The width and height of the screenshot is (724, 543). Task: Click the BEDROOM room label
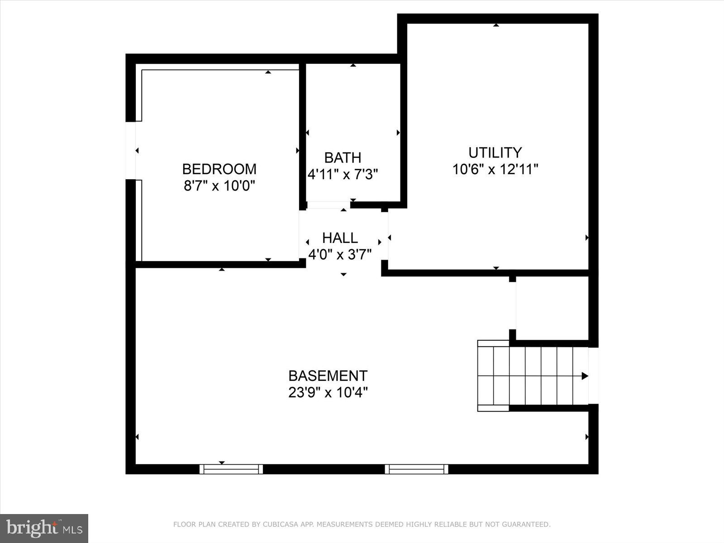[219, 169]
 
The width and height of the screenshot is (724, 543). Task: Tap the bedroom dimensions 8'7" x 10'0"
[219, 186]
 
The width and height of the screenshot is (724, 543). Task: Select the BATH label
[343, 158]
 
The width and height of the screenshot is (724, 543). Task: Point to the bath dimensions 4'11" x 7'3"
[343, 174]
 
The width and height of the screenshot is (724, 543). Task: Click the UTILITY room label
[495, 152]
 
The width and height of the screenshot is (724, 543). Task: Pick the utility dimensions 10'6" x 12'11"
[495, 169]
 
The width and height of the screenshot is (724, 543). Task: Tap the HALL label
[340, 238]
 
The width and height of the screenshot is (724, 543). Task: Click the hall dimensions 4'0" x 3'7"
[340, 255]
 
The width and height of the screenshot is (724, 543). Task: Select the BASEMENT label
[328, 376]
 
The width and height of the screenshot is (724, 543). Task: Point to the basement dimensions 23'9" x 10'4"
[328, 392]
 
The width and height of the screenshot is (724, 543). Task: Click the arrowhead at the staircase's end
[585, 376]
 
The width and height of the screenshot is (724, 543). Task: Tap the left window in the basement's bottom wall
[231, 469]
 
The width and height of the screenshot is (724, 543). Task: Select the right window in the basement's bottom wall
[416, 469]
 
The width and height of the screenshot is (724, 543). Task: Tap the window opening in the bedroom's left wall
[130, 150]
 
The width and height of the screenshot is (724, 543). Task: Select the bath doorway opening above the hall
[329, 205]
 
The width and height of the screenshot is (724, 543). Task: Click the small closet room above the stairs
[552, 308]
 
